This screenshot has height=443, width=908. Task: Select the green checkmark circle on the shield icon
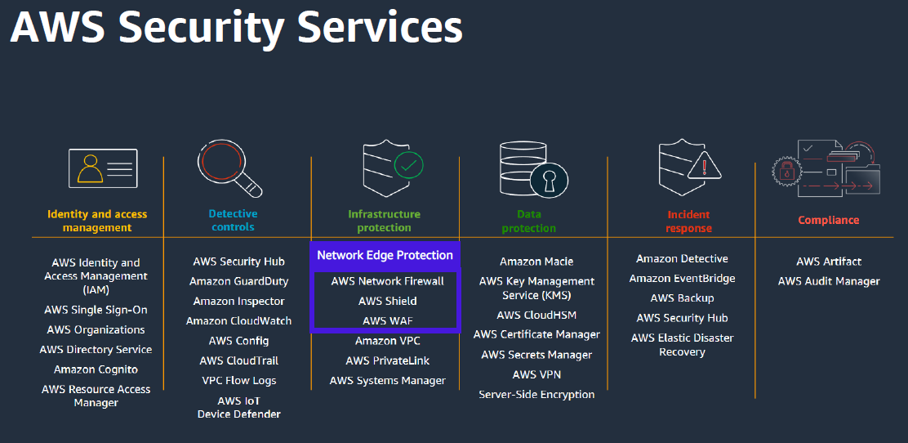pyautogui.click(x=408, y=166)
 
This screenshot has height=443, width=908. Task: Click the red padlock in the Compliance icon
pyautogui.click(x=787, y=171)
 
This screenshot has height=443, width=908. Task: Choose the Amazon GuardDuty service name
pyautogui.click(x=238, y=281)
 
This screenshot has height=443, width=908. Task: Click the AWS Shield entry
pyautogui.click(x=387, y=301)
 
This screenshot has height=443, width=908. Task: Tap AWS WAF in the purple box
pyautogui.click(x=387, y=320)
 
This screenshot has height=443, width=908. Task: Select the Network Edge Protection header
pyautogui.click(x=385, y=255)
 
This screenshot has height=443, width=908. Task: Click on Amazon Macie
pyautogui.click(x=536, y=262)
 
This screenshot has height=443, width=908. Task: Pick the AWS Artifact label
pyautogui.click(x=828, y=262)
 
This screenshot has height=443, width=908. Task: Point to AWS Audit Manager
pyautogui.click(x=828, y=281)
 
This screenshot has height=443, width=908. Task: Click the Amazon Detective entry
pyautogui.click(x=682, y=258)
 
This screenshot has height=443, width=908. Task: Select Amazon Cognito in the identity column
pyautogui.click(x=96, y=369)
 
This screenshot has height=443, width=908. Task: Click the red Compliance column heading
pyautogui.click(x=828, y=220)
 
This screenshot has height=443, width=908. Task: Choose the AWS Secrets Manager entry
pyautogui.click(x=536, y=355)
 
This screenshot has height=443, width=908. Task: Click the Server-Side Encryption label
pyautogui.click(x=536, y=394)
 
